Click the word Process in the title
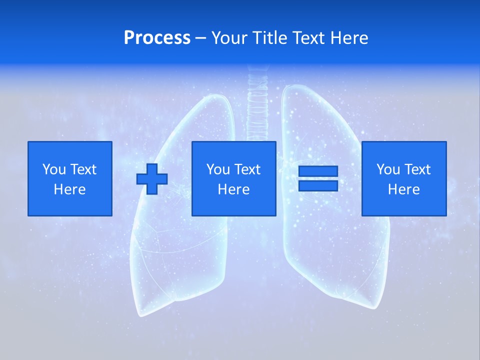click(157, 38)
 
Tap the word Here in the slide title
click(349, 38)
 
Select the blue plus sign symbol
click(152, 178)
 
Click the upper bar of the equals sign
click(318, 171)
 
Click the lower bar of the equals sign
click(318, 185)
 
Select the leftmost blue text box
click(69, 178)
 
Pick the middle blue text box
click(233, 178)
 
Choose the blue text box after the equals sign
click(403, 178)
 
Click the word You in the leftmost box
click(54, 169)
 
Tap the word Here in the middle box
click(233, 189)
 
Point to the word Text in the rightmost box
click(418, 169)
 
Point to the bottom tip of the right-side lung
click(372, 305)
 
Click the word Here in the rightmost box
click(403, 189)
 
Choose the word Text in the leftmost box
click(83, 169)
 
